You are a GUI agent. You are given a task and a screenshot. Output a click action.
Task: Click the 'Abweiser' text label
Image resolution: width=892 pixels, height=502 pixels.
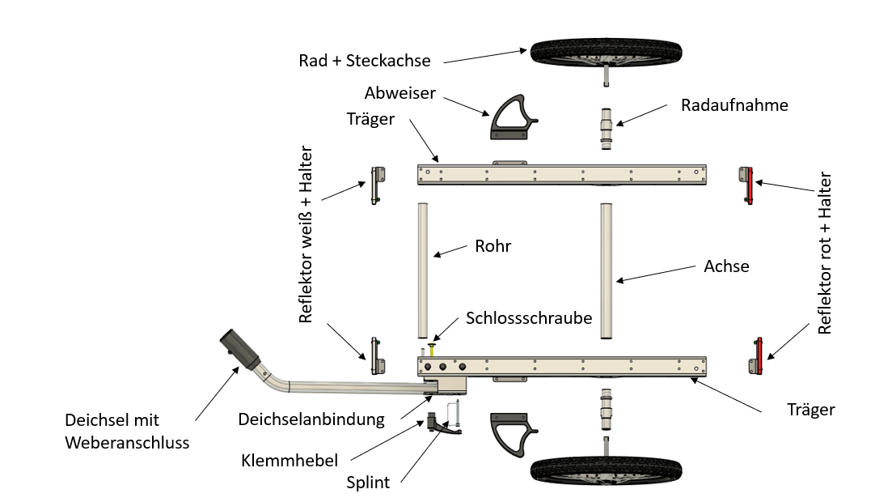(x=399, y=92)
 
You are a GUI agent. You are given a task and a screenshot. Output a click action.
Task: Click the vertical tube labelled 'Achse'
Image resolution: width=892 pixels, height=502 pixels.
(x=607, y=270)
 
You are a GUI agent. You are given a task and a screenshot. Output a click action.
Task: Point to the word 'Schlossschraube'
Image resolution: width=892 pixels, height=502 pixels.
(x=528, y=317)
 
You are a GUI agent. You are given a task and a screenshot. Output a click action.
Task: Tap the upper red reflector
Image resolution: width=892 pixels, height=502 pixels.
(x=748, y=185)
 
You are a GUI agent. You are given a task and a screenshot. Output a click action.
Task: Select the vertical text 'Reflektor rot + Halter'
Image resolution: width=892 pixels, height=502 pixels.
(x=825, y=253)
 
